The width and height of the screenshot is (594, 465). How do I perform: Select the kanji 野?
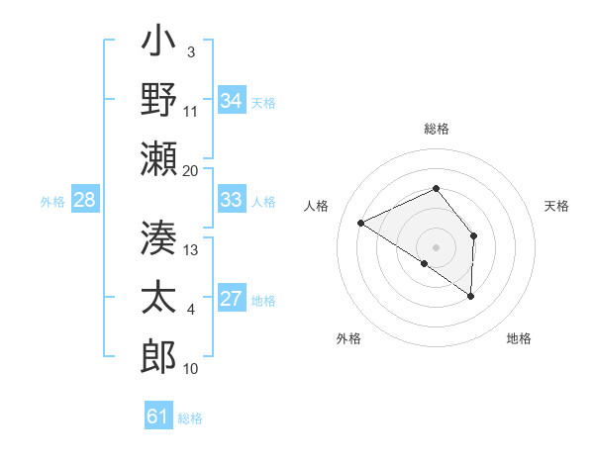158,102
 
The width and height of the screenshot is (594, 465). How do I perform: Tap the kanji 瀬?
158,158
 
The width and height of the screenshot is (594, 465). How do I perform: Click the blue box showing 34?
231,101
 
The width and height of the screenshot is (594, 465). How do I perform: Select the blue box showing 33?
231,200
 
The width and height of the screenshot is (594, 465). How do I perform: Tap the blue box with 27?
231,299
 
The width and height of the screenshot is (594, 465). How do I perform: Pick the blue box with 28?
84,200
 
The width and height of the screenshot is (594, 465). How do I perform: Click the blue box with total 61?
157,417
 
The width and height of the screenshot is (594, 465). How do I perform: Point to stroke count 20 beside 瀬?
191,170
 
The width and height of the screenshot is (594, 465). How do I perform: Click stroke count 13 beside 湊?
191,249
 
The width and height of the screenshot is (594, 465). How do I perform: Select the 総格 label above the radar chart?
436,129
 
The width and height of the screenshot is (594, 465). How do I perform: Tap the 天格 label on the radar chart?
557,206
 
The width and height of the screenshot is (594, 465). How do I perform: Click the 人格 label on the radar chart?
317,206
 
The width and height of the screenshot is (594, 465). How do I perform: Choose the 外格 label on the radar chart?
348,338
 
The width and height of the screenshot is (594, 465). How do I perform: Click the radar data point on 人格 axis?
361,224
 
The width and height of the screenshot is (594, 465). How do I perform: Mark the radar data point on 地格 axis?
471,296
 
